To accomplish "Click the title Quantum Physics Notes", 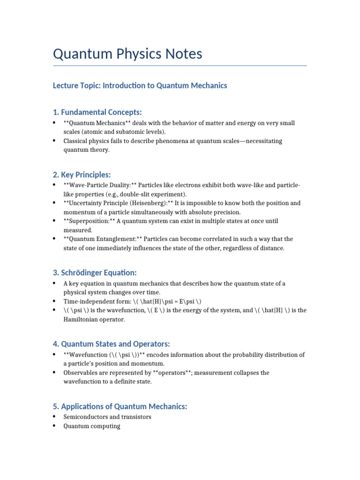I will click(127, 54).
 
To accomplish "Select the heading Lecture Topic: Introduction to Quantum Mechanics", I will click(140, 86).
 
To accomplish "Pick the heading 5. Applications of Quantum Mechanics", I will click(120, 406).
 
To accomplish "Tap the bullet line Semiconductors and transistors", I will click(107, 417).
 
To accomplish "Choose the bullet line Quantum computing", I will click(92, 426).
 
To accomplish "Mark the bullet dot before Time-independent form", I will click(54, 301).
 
